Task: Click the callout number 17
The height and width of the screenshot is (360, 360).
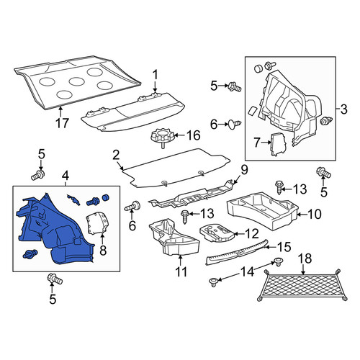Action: (x=62, y=123)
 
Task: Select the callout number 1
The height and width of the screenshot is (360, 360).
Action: (x=156, y=75)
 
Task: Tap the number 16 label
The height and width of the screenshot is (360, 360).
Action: (x=194, y=135)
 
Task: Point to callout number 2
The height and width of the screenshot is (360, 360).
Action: (x=116, y=156)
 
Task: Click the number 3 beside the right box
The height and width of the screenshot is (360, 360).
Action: (x=343, y=109)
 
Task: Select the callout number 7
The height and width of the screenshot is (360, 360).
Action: (x=257, y=143)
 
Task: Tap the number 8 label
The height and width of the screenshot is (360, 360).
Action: (x=103, y=251)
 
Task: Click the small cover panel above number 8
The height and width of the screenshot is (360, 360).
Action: (x=96, y=222)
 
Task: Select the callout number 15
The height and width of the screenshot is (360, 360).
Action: (x=284, y=247)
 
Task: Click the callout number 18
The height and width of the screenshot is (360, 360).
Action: (x=305, y=258)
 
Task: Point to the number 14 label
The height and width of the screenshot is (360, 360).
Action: (x=247, y=272)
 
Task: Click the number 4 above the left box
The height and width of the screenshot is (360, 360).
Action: (x=66, y=176)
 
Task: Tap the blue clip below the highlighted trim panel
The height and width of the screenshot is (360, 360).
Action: (x=30, y=253)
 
